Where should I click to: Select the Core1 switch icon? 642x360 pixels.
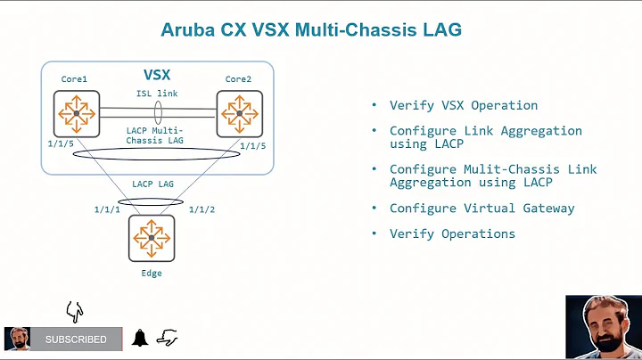76,113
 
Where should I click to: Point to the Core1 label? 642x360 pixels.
74,79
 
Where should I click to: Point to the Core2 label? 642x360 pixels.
237,79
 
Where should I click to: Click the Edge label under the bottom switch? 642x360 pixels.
151,273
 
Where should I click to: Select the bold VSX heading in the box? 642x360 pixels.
157,75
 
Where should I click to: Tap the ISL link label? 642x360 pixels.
156,94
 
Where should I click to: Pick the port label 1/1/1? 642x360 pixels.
107,209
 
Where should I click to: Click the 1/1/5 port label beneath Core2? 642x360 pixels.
252,144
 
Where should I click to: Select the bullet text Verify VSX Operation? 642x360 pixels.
463,105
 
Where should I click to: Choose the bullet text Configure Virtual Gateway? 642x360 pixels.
481,209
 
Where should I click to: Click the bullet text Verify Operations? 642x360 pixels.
452,233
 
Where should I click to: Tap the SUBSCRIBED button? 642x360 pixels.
76,340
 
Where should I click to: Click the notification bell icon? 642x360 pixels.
140,339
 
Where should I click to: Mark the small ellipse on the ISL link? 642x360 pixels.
157,113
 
